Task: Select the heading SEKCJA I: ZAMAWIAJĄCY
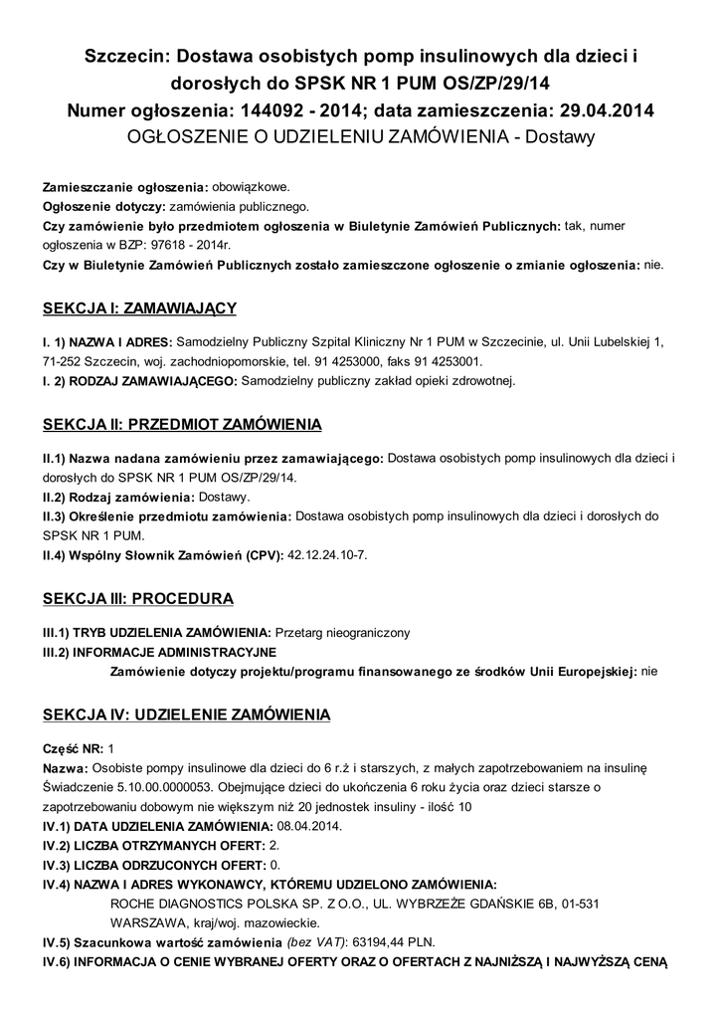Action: click(x=140, y=307)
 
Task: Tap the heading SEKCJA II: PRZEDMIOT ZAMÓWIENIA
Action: click(x=182, y=425)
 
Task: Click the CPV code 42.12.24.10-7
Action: click(x=327, y=553)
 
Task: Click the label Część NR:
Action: click(x=73, y=747)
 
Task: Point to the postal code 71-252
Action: click(x=63, y=360)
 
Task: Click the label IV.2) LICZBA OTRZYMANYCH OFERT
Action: click(x=152, y=845)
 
